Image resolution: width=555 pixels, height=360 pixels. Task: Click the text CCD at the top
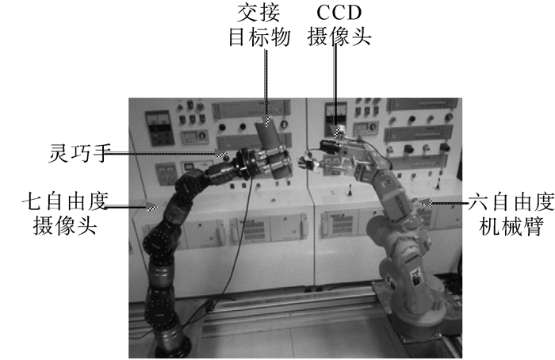(341, 13)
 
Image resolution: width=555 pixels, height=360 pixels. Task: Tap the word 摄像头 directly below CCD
(341, 36)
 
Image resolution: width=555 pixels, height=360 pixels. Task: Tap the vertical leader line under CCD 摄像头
(334, 91)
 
